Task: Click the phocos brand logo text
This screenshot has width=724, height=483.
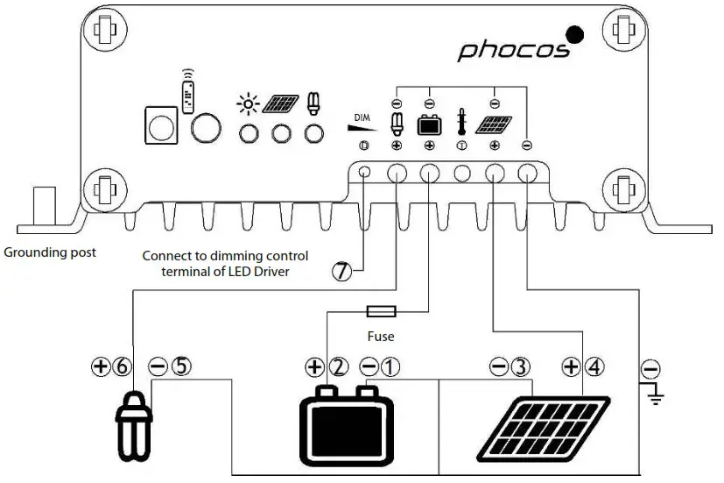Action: (513, 48)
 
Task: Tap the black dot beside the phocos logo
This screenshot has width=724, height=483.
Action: (576, 35)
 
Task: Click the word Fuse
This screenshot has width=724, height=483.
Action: (381, 336)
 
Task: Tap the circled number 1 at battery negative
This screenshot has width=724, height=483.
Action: (390, 367)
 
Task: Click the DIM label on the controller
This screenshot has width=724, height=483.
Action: (363, 117)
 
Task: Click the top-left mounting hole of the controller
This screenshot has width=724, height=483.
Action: (103, 29)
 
